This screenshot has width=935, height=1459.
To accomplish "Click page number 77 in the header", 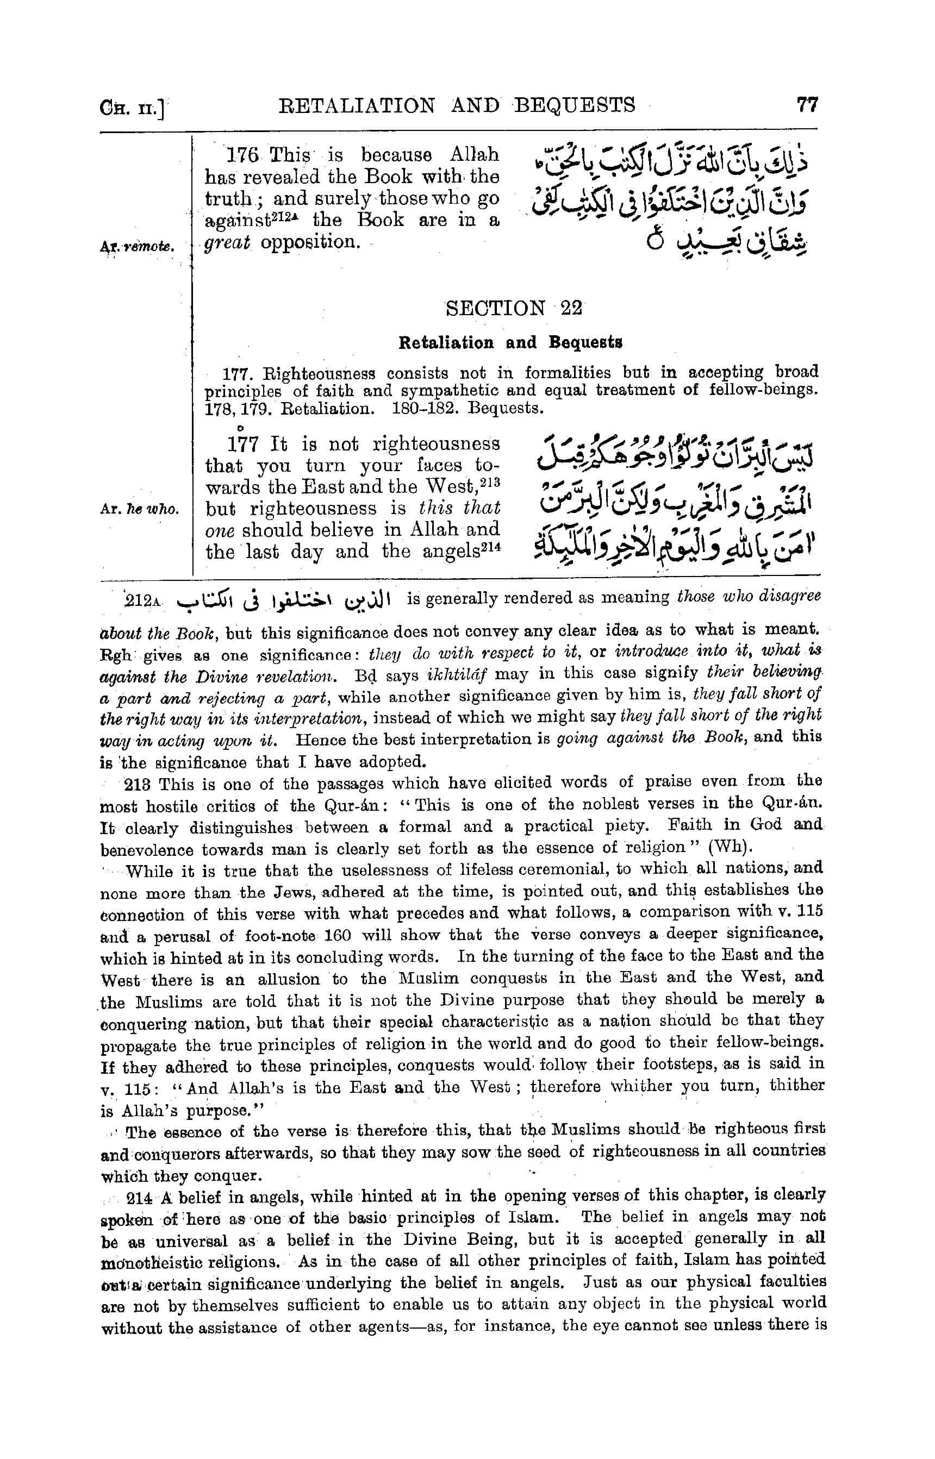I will [x=807, y=105].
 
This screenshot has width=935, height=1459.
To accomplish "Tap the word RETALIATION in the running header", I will [x=357, y=105].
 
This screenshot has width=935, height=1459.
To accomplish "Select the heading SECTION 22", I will [x=514, y=308].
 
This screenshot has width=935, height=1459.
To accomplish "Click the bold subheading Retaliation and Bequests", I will [x=510, y=343].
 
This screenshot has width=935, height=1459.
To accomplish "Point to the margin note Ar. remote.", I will [x=139, y=247].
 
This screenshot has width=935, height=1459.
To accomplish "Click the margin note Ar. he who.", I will [x=140, y=510].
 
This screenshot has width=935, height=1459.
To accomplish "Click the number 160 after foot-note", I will [x=343, y=936].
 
